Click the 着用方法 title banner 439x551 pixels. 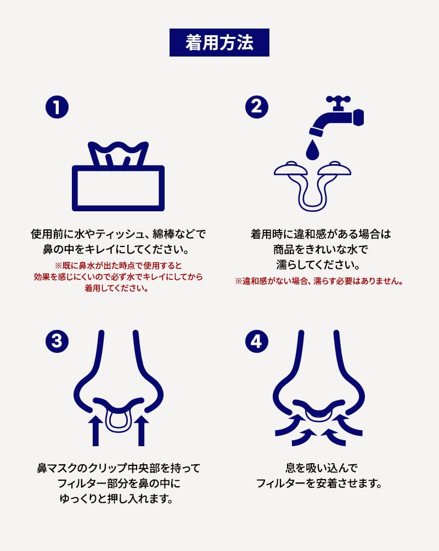point(219,42)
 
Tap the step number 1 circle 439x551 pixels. point(57,107)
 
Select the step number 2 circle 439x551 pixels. point(257,107)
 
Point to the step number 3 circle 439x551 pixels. point(57,341)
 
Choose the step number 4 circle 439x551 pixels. point(257,341)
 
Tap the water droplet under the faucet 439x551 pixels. point(312,150)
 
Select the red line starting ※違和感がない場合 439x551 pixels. point(319,281)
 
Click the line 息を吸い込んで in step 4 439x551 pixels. point(321,468)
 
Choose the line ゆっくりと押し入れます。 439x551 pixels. point(117,499)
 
